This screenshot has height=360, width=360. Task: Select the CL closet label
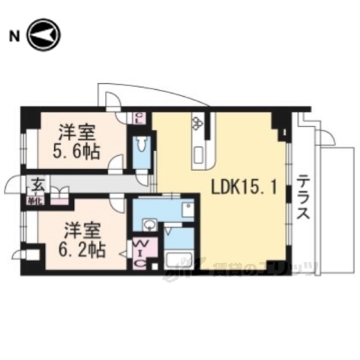point(139,117)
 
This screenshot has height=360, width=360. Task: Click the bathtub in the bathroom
point(180,263)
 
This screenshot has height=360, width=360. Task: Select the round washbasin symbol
point(150,223)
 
